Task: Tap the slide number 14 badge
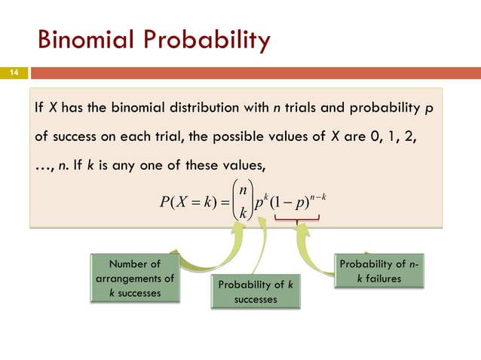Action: point(14,74)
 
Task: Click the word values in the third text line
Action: point(235,166)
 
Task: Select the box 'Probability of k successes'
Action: point(256,291)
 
